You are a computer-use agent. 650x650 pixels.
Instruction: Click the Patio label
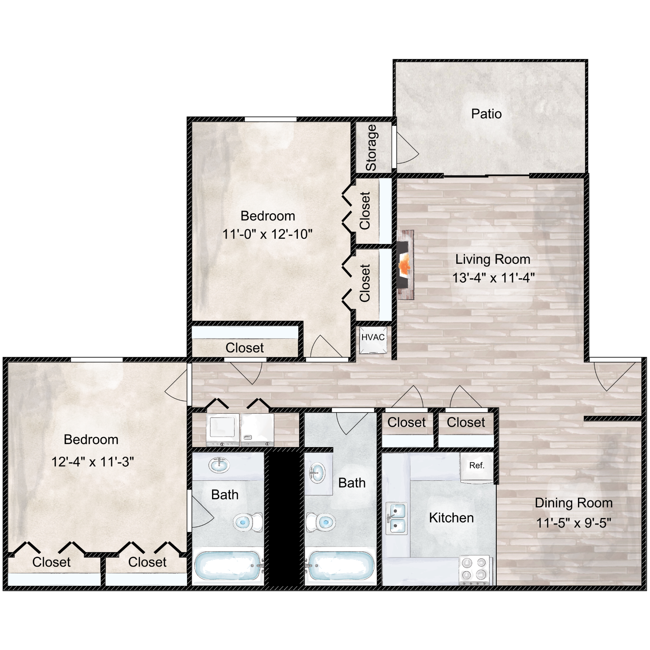486,114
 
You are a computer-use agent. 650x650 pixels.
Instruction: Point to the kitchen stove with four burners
475,569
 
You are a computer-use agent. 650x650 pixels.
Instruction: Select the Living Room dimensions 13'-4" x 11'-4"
493,277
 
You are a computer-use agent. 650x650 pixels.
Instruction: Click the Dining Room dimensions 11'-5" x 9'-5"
574,522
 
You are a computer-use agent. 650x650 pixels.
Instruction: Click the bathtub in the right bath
341,565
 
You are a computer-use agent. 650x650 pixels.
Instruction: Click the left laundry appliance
223,430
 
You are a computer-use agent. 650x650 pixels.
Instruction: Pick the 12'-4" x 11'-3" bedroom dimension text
92,462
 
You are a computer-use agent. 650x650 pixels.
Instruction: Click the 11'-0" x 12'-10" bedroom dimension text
267,234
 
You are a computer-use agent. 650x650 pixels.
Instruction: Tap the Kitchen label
451,518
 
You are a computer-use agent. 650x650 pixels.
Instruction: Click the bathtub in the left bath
229,565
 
